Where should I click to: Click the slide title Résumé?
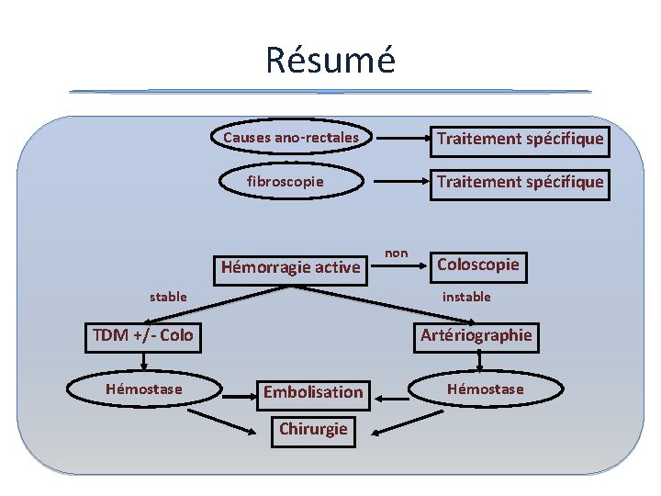tap(330, 60)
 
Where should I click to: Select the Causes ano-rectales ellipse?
tap(291, 138)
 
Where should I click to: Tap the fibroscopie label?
tap(285, 181)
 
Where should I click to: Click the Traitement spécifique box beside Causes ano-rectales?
tap(520, 139)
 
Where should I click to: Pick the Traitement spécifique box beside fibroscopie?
tap(520, 182)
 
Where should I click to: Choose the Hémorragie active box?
tap(290, 267)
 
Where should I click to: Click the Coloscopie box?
tap(477, 265)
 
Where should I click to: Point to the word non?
tap(397, 252)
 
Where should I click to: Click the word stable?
tap(168, 297)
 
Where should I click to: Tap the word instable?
tap(466, 297)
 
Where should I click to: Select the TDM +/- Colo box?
tap(142, 335)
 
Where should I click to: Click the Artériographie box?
tap(476, 335)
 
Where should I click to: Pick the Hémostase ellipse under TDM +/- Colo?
tap(143, 389)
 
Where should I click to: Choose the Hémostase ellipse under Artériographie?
tap(485, 389)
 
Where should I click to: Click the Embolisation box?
tap(313, 392)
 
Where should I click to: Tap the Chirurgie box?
tap(313, 429)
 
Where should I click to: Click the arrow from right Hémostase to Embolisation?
tap(395, 397)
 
